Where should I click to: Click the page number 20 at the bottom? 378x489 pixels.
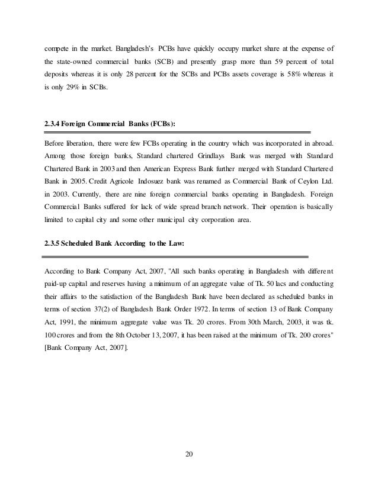click(x=189, y=455)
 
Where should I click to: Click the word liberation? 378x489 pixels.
click(x=81, y=143)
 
